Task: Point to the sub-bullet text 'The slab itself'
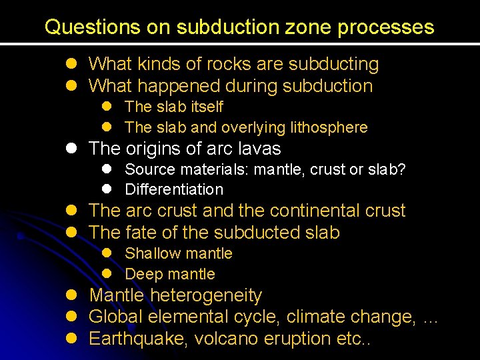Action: pyautogui.click(x=173, y=107)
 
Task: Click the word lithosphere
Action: pyautogui.click(x=329, y=127)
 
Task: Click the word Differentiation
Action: pyautogui.click(x=173, y=190)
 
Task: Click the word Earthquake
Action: pyautogui.click(x=139, y=339)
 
